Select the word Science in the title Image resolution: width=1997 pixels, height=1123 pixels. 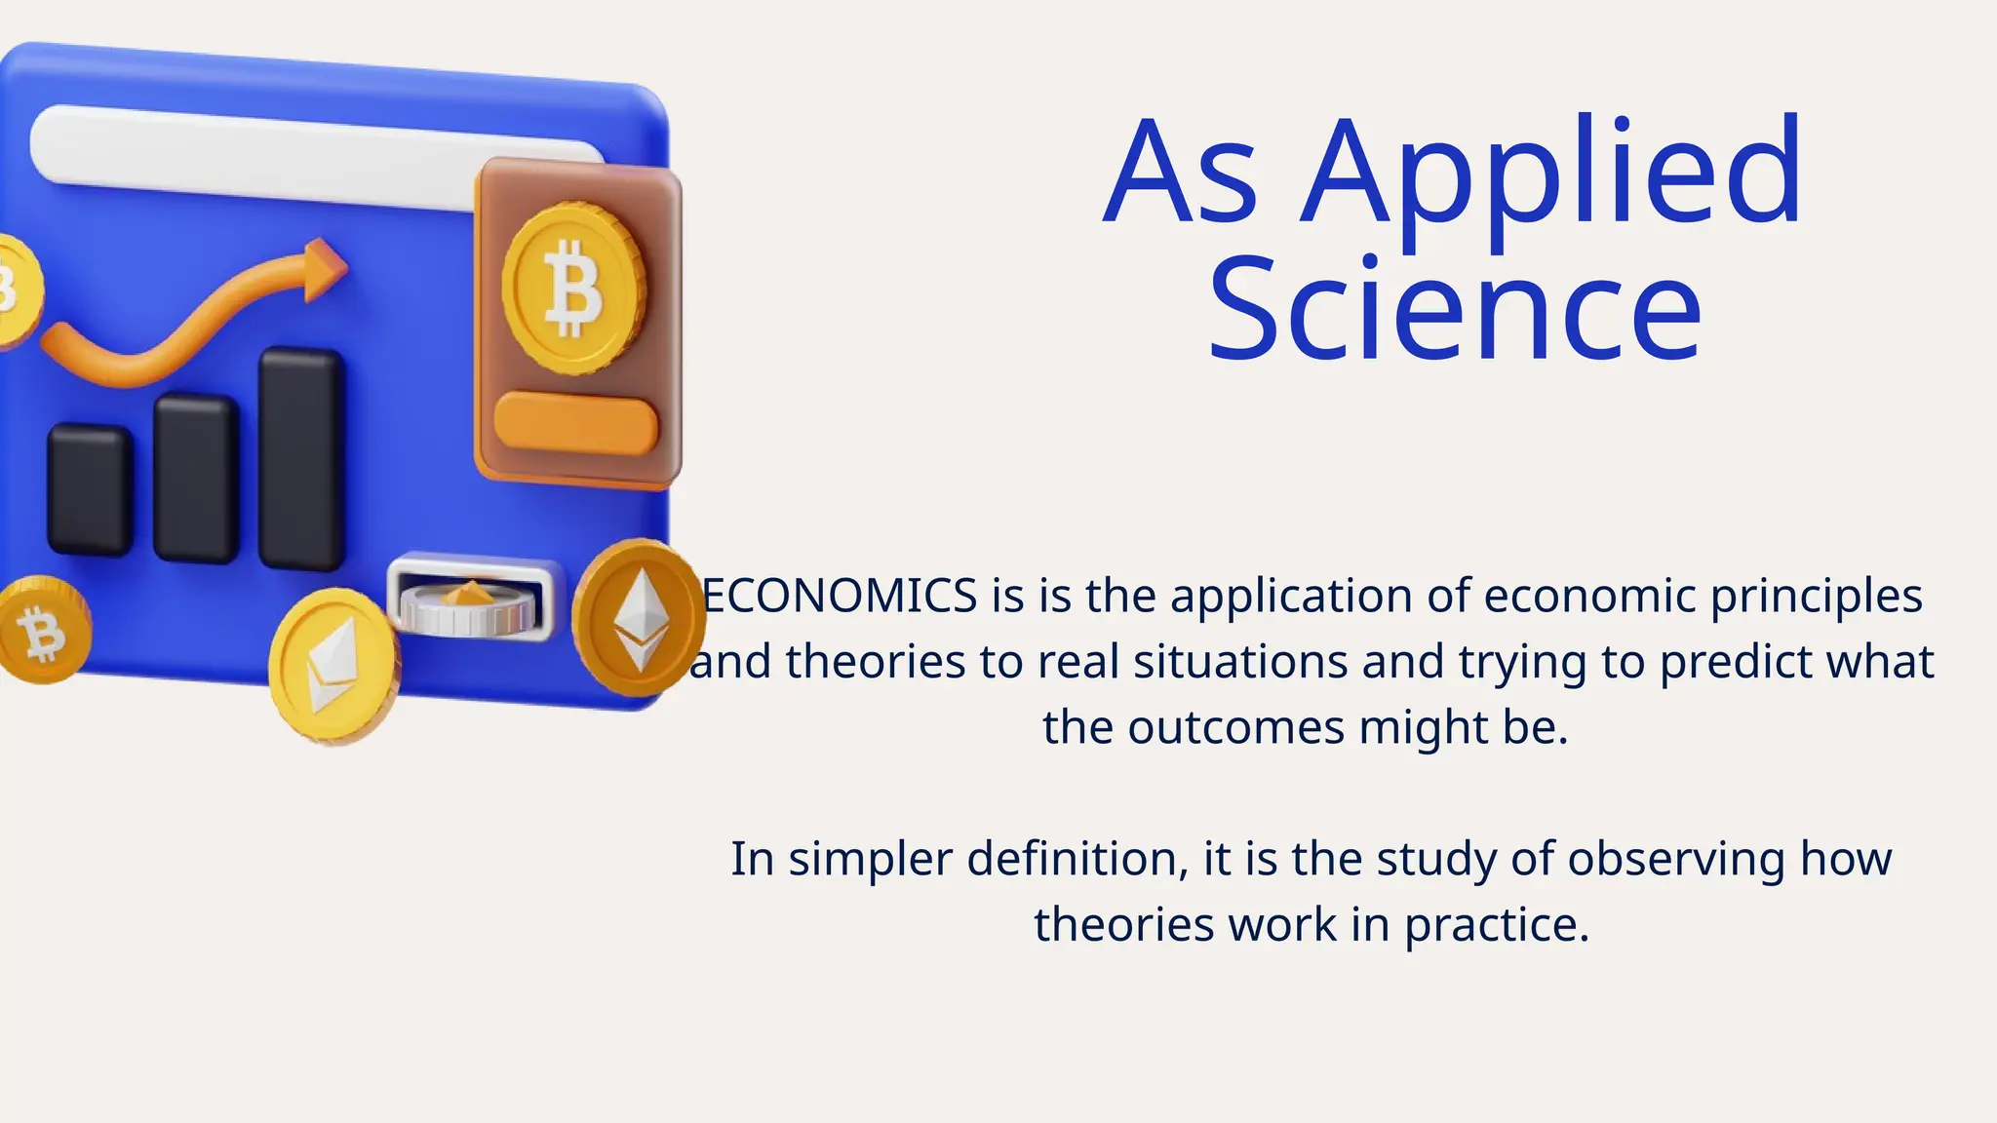click(x=1454, y=310)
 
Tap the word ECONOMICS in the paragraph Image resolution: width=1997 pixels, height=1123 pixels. click(x=840, y=596)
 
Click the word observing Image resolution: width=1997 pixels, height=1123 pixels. click(x=1676, y=860)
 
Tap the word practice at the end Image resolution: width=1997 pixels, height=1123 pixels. click(x=1496, y=925)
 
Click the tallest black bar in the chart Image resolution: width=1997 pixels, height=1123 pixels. click(x=301, y=458)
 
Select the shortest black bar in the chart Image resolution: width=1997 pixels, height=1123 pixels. click(x=90, y=490)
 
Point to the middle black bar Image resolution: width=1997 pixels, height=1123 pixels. click(x=196, y=478)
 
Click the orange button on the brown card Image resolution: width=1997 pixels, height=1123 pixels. click(x=575, y=424)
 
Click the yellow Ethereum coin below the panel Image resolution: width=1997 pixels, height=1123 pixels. click(x=333, y=665)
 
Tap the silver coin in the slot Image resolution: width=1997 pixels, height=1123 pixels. click(x=469, y=606)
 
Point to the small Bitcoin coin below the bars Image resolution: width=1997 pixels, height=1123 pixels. click(x=43, y=631)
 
